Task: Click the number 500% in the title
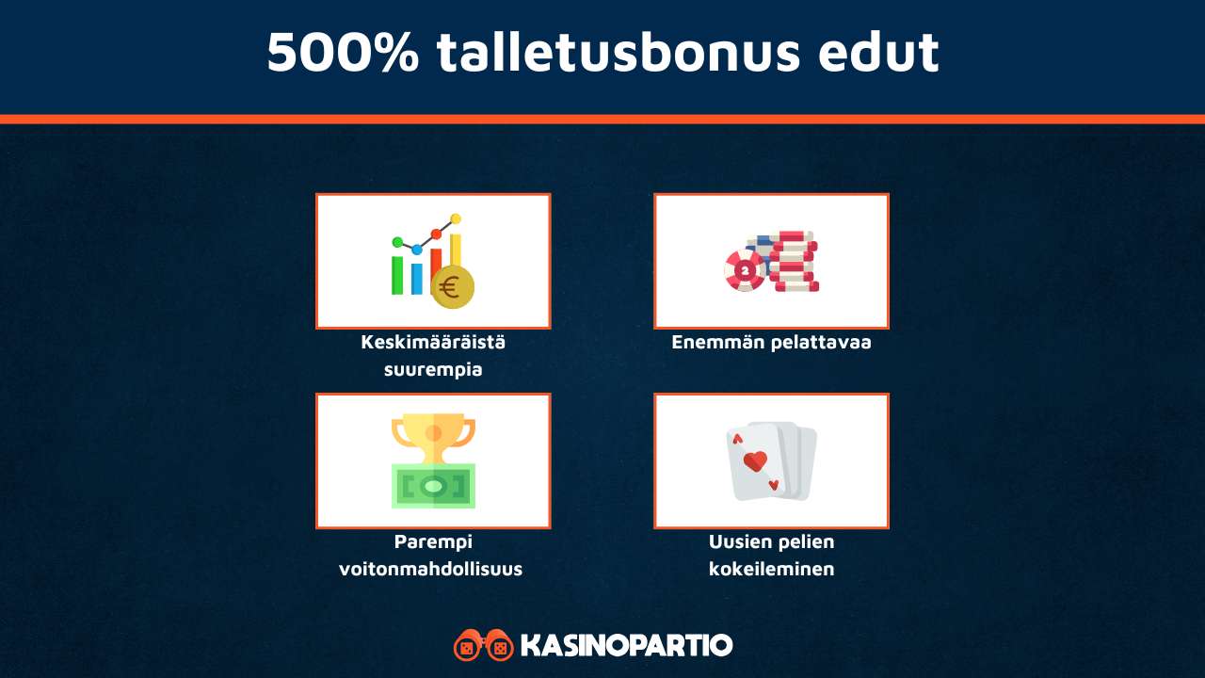[x=343, y=53]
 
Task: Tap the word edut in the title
[x=877, y=53]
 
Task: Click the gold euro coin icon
[x=453, y=286]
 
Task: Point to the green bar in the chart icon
[x=397, y=274]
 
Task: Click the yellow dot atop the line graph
[x=456, y=218]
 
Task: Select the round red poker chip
[x=745, y=270]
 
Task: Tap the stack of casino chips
[x=791, y=261]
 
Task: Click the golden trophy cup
[x=433, y=438]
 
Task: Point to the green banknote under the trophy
[x=433, y=486]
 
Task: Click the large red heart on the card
[x=755, y=461]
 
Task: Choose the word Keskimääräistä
[x=433, y=342]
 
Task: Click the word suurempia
[x=433, y=369]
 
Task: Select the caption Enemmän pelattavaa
[x=771, y=342]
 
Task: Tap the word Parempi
[x=433, y=541]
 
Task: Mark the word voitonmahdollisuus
[x=431, y=569]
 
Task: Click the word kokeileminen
[x=771, y=569]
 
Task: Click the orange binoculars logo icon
[x=483, y=645]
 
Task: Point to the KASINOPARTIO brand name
[x=626, y=646]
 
